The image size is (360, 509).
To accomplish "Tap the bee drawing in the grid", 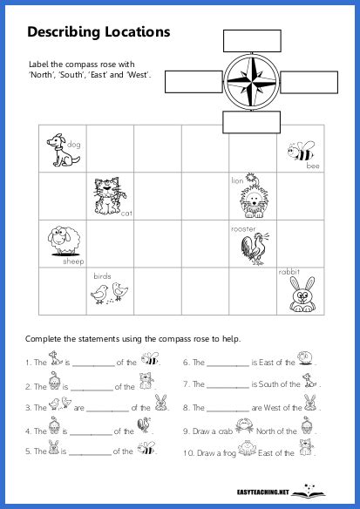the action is [x=300, y=153].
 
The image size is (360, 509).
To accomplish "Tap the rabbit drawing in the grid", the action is [x=301, y=293].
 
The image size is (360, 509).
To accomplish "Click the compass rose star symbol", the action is [x=251, y=83].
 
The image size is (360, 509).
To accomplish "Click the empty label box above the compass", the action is [x=252, y=40].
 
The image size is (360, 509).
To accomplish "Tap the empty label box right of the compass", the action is [x=309, y=83].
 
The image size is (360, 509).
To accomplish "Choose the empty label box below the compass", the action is [x=251, y=123].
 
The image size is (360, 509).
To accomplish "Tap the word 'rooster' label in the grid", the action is [x=242, y=228].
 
